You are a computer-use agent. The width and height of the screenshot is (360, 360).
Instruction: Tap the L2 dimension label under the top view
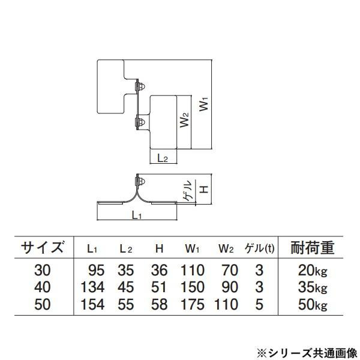(162, 158)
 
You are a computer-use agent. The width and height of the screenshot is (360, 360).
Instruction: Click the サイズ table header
(43, 247)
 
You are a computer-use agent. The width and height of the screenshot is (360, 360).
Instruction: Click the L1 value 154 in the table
(92, 304)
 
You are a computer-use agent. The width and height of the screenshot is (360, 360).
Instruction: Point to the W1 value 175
(193, 304)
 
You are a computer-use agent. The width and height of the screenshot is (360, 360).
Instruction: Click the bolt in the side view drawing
(139, 182)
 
